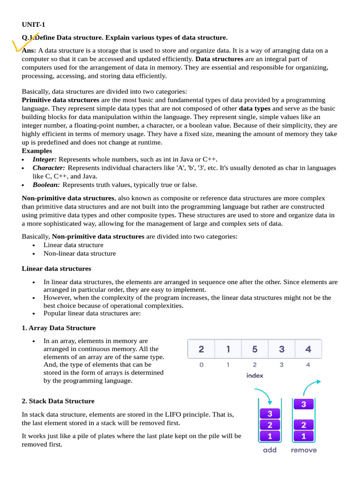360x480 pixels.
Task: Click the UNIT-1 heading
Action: pyautogui.click(x=33, y=25)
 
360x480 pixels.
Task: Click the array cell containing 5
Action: pyautogui.click(x=255, y=349)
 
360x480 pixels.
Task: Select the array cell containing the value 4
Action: pyautogui.click(x=308, y=349)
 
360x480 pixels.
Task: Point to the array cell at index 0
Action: pyautogui.click(x=201, y=349)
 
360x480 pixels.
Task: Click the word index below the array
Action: pyautogui.click(x=255, y=375)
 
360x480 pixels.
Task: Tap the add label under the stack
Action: pyautogui.click(x=270, y=450)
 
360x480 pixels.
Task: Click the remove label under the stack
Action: pyautogui.click(x=304, y=450)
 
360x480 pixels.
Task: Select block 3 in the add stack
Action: pyautogui.click(x=270, y=414)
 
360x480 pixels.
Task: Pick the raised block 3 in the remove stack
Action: pyautogui.click(x=304, y=404)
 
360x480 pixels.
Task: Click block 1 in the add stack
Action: pyautogui.click(x=270, y=436)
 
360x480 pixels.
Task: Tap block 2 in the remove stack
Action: pyautogui.click(x=304, y=425)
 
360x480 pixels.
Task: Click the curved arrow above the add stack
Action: pyautogui.click(x=263, y=395)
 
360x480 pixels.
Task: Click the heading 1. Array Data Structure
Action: pyautogui.click(x=59, y=328)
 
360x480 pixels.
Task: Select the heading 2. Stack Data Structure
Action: pyautogui.click(x=58, y=401)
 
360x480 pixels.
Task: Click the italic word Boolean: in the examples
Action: pyautogui.click(x=46, y=185)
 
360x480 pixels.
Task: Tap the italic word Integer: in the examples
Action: pyautogui.click(x=45, y=159)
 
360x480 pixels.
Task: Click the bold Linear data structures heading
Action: pyautogui.click(x=56, y=269)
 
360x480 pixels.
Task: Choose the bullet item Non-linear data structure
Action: pyautogui.click(x=79, y=254)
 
